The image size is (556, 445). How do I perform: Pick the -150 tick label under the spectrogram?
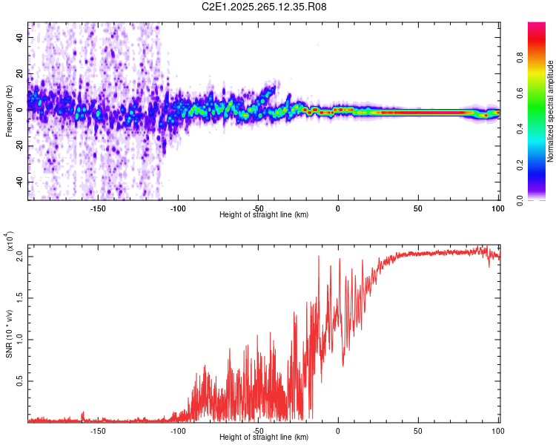[98, 208]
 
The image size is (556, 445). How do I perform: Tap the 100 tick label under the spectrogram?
[497, 208]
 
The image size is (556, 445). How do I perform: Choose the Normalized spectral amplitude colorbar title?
[551, 111]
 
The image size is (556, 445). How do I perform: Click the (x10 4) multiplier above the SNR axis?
[9, 243]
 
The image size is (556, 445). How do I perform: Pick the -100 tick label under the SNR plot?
[178, 430]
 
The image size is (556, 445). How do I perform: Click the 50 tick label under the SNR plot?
[418, 430]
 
